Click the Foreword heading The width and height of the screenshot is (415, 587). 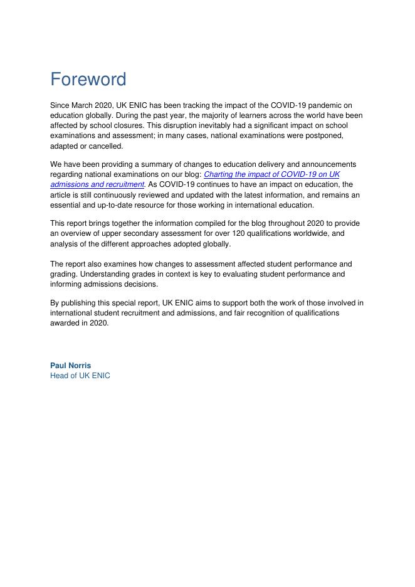click(88, 80)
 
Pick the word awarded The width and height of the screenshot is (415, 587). click(66, 323)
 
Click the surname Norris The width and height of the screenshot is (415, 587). click(80, 366)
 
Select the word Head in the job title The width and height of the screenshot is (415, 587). click(60, 376)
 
